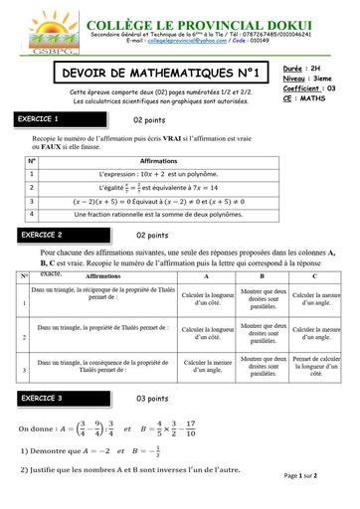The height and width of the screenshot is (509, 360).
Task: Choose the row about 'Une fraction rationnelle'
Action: [x=159, y=213]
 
